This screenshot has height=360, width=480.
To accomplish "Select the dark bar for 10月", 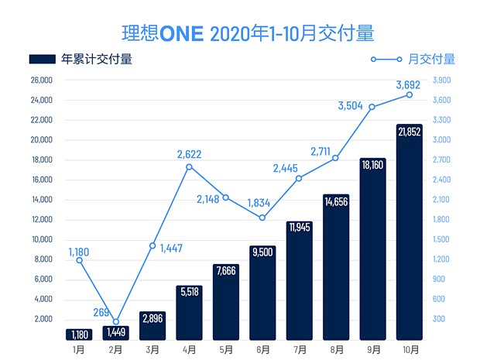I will pyautogui.click(x=409, y=232).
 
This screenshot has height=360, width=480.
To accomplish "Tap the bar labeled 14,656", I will pyautogui.click(x=336, y=267).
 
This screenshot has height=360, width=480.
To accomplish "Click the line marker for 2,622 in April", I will pyautogui.click(x=190, y=166).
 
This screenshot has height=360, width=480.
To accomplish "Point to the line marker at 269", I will pyautogui.click(x=116, y=322).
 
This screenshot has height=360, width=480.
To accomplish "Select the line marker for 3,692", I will pyautogui.click(x=410, y=94).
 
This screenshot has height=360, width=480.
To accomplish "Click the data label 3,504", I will pyautogui.click(x=351, y=106).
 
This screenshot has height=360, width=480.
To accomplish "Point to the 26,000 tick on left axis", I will pyautogui.click(x=41, y=81).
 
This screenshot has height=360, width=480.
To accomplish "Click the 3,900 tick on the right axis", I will pyautogui.click(x=442, y=81).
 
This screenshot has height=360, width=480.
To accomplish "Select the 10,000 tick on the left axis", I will pyautogui.click(x=41, y=239).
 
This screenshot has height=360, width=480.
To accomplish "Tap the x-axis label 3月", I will pyautogui.click(x=153, y=350).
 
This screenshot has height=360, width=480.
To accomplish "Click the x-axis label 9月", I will pyautogui.click(x=373, y=350).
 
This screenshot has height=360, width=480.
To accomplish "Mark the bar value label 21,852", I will pyautogui.click(x=409, y=132).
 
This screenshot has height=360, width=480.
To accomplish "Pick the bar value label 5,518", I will pyautogui.click(x=190, y=293).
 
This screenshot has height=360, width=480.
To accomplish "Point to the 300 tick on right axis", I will pyautogui.click(x=438, y=319).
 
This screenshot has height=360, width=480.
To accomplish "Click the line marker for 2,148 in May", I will pyautogui.click(x=226, y=197).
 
